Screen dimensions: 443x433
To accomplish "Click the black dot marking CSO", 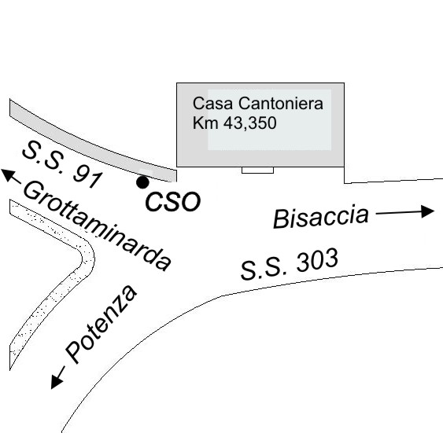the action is tap(142, 182).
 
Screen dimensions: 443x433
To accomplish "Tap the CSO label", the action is tap(172, 201).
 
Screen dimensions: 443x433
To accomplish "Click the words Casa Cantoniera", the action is tap(257, 103).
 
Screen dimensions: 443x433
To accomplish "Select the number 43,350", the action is tap(249, 123).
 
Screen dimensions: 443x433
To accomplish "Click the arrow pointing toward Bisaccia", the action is tap(405, 212).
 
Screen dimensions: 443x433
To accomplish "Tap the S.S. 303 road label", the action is tap(290, 263).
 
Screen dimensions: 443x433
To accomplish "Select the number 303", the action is tap(316, 259).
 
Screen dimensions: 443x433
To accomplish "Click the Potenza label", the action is tap(102, 324).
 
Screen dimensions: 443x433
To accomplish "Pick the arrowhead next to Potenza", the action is tap(57, 381).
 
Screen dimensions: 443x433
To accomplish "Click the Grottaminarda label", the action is tap(97, 226).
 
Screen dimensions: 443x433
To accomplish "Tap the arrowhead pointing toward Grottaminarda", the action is tap(8, 174).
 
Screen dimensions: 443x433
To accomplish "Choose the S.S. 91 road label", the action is tap(62, 165).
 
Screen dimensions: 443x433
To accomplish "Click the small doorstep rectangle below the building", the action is tap(257, 170).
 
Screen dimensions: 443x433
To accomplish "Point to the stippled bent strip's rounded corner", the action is tap(88, 258).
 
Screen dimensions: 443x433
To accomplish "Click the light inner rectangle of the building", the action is tap(270, 119).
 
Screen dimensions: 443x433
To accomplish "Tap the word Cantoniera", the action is tap(281, 103).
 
